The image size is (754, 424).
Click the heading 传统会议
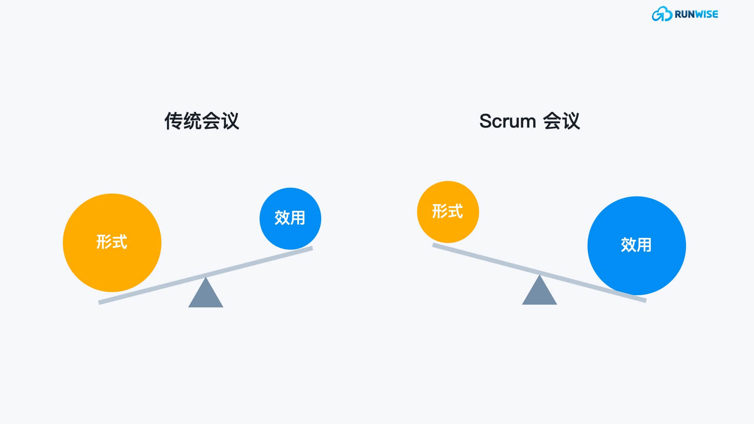point(201,121)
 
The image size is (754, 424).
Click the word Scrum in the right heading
point(507,121)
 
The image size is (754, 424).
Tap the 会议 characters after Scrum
point(562,121)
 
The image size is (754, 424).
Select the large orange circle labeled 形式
point(112,243)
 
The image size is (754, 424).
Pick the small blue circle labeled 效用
point(290,219)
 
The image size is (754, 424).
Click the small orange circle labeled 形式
point(448,212)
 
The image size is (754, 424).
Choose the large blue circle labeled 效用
point(637,246)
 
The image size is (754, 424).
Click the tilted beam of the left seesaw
point(205,275)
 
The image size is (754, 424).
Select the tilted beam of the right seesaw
point(539,272)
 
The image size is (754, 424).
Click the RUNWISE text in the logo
point(696,14)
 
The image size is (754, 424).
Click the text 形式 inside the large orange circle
point(112,242)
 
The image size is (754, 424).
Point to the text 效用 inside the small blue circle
point(290,218)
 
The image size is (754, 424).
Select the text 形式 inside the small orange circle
point(448,211)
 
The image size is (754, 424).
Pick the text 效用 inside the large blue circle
point(636,245)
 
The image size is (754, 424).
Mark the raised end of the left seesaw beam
point(312,248)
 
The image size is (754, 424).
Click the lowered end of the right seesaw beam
point(646,300)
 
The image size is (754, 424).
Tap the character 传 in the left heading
point(174,121)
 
